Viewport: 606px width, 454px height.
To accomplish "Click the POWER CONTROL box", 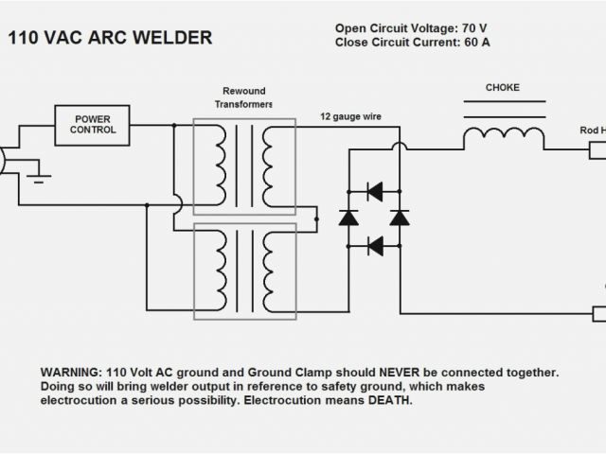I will pyautogui.click(x=92, y=124).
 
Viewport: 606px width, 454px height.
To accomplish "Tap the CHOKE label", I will pyautogui.click(x=503, y=89).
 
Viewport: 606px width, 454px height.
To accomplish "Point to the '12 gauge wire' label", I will pyautogui.click(x=351, y=117).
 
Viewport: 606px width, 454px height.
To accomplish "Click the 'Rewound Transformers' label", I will pyautogui.click(x=244, y=97).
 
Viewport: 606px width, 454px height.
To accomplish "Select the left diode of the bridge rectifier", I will pyautogui.click(x=348, y=218).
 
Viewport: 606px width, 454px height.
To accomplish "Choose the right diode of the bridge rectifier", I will pyautogui.click(x=400, y=218).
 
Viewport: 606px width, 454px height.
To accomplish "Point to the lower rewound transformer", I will pyautogui.click(x=244, y=269).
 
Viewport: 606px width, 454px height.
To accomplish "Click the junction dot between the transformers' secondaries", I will pyautogui.click(x=315, y=218).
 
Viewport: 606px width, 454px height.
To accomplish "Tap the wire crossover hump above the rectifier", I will pyautogui.click(x=400, y=147).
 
